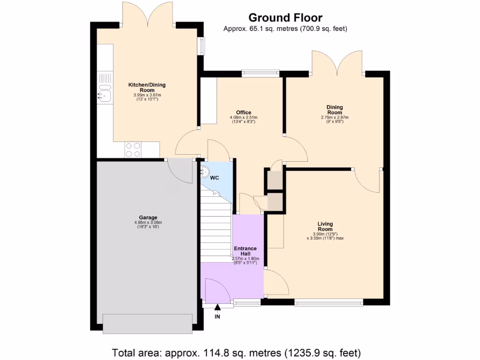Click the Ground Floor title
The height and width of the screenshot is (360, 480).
click(x=285, y=18)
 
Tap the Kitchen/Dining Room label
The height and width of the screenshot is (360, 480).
click(x=147, y=87)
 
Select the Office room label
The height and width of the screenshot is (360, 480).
click(x=243, y=112)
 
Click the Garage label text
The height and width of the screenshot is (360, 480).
click(x=148, y=217)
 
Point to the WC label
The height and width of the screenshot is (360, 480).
click(x=215, y=178)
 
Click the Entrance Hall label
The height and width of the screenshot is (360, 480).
click(x=245, y=251)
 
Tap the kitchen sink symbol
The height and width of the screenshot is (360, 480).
click(x=105, y=95)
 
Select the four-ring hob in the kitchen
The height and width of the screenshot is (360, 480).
click(x=133, y=150)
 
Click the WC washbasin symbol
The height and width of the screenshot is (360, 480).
click(x=205, y=172)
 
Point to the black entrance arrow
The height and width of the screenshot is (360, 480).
click(x=217, y=307)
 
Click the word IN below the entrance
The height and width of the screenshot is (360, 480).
click(x=217, y=317)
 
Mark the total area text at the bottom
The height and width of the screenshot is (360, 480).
click(x=236, y=352)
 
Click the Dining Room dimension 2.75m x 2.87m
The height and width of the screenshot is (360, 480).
click(x=335, y=118)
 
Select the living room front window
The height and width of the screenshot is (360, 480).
click(x=328, y=302)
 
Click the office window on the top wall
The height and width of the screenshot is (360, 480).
click(x=261, y=73)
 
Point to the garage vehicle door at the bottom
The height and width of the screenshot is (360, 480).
click(x=148, y=323)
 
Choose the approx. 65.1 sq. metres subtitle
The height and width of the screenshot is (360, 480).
click(x=285, y=29)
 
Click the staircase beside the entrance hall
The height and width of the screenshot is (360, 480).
click(x=216, y=225)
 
